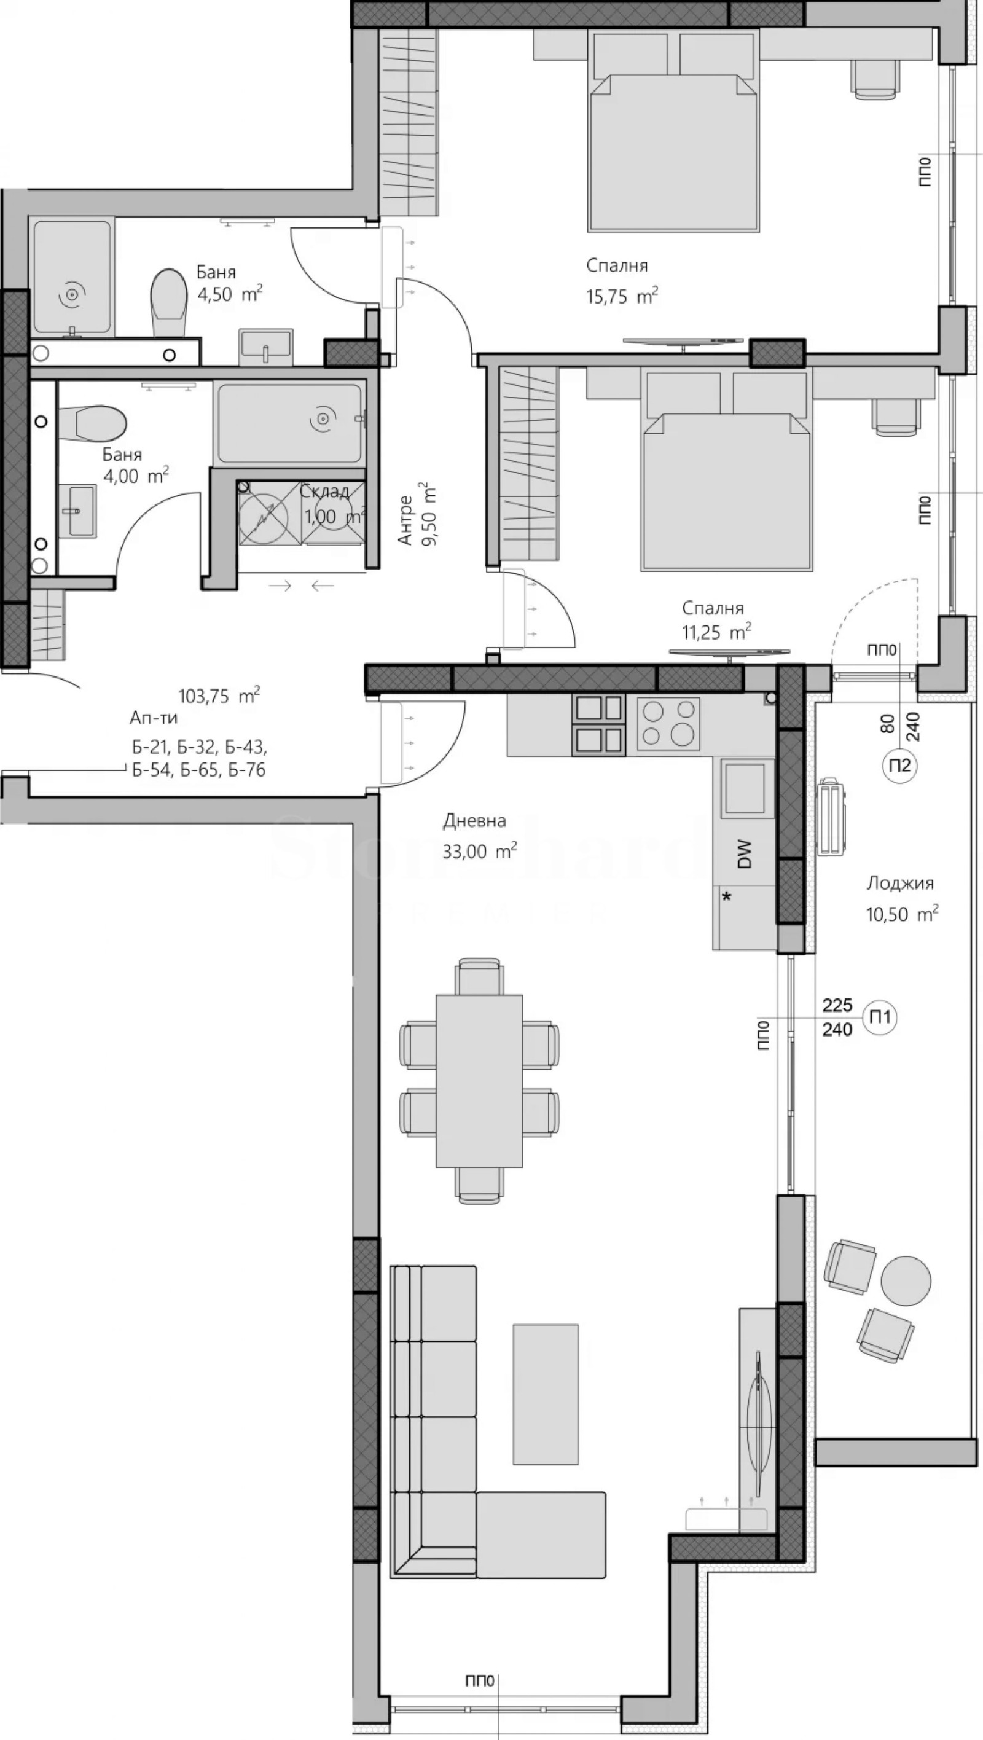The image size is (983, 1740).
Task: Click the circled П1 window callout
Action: coord(880,1017)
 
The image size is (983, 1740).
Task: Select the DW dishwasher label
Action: coord(744,853)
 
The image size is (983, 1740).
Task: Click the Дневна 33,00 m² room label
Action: coord(479,836)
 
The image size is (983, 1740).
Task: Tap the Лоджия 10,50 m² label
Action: coord(901,898)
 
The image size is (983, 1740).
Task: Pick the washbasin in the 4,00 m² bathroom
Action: coord(77,511)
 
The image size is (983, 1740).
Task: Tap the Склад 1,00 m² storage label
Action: coord(327,504)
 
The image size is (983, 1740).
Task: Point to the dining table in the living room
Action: coord(479,1080)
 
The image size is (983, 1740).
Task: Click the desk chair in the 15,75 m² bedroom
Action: coord(875,77)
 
